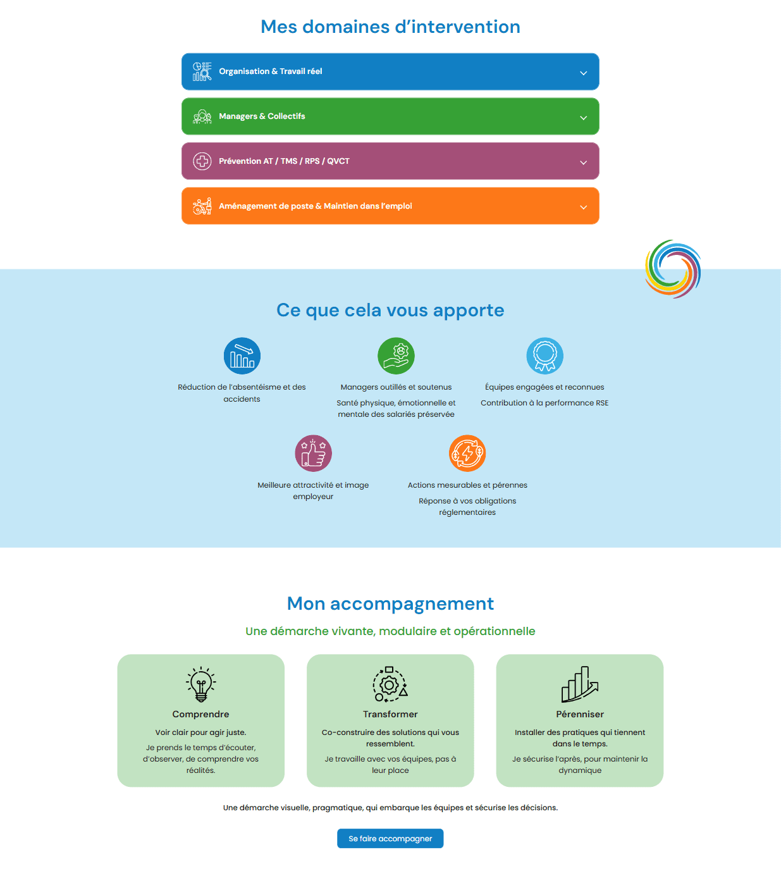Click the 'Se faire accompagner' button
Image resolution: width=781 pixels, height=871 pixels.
coord(390,838)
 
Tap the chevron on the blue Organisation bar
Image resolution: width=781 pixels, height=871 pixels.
coord(583,73)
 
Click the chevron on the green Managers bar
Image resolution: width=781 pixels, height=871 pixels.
coord(583,118)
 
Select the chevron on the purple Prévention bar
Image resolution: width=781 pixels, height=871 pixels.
coord(583,163)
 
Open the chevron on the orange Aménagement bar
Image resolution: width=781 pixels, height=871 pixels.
coord(583,207)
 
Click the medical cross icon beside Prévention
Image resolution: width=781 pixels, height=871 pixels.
coord(202,161)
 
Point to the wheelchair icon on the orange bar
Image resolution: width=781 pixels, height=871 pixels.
coord(202,206)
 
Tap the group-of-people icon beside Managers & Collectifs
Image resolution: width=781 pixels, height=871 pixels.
coord(202,116)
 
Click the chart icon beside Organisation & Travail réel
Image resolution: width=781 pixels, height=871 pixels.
coord(202,71)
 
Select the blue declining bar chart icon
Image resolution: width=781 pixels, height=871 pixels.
coord(242,355)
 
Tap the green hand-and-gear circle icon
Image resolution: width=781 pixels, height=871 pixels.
coord(396,355)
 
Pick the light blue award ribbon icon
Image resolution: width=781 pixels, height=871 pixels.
coord(544,355)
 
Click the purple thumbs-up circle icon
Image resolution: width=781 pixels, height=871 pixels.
coord(313,453)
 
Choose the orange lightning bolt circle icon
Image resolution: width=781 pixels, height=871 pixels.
coord(467,453)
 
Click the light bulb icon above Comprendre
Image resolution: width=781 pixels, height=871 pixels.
coord(200,684)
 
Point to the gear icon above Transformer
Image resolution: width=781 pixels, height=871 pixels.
coord(390,684)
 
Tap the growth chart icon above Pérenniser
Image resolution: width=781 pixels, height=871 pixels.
coord(579,684)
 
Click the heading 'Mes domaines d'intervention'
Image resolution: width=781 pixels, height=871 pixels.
coord(390,27)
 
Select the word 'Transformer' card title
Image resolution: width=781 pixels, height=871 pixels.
coord(390,714)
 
